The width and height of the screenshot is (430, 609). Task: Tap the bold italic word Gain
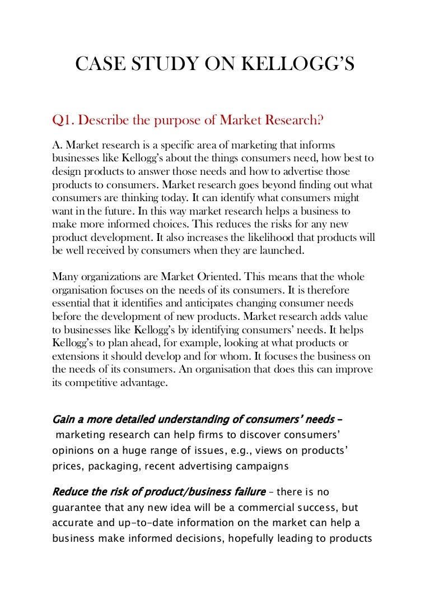coord(64,419)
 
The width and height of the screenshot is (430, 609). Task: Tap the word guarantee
coord(76,508)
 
